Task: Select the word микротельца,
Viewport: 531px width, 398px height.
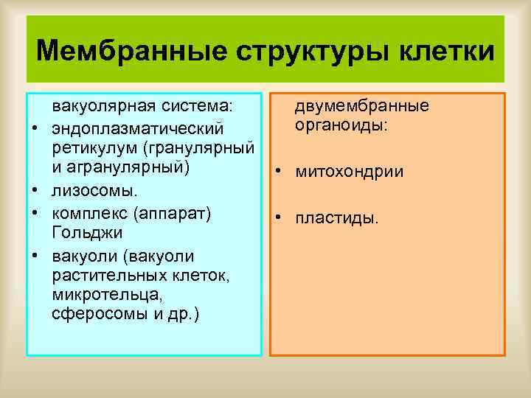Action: click(97, 295)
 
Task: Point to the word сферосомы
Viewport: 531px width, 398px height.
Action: click(94, 314)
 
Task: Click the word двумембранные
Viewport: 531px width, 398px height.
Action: click(362, 106)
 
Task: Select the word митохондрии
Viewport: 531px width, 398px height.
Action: click(349, 172)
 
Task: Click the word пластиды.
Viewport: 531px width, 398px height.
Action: click(337, 219)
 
